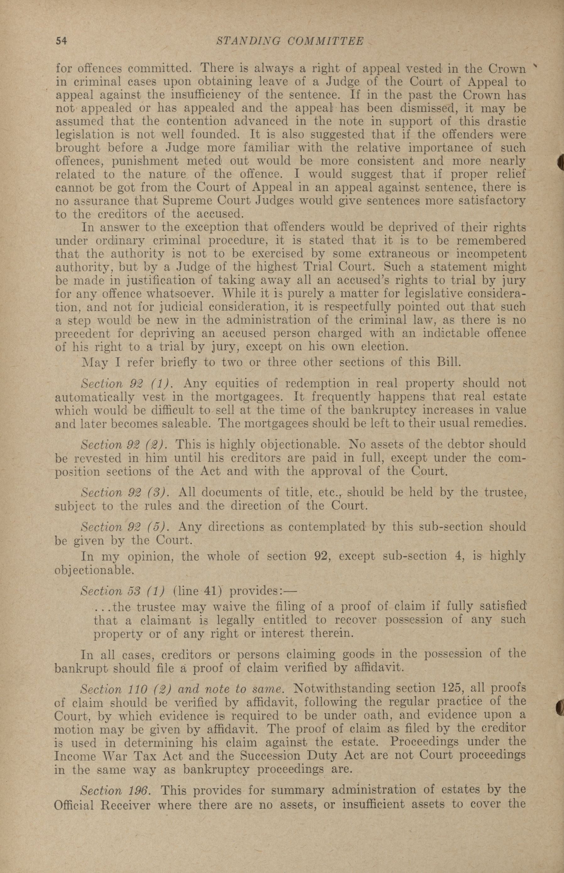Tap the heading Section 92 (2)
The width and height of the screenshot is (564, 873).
124,445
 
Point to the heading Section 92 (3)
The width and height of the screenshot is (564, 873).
124,492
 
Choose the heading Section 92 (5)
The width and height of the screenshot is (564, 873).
124,527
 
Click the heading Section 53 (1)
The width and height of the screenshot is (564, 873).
122,591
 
